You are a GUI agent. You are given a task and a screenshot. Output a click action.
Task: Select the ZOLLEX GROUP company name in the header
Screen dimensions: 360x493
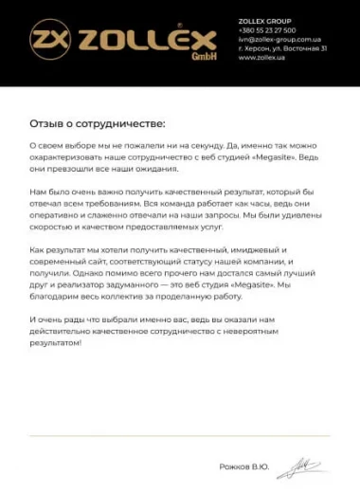(265, 21)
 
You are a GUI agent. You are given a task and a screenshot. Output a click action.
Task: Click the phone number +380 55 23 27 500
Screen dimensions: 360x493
(268, 30)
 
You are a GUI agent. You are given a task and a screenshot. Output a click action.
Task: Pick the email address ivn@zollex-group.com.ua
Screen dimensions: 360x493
(280, 39)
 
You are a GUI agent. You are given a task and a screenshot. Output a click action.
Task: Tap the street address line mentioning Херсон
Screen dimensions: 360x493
(282, 48)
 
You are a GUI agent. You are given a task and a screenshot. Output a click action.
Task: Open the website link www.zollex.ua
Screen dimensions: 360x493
(262, 57)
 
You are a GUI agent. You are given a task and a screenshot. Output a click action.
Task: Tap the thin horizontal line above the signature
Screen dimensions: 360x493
(180, 436)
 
